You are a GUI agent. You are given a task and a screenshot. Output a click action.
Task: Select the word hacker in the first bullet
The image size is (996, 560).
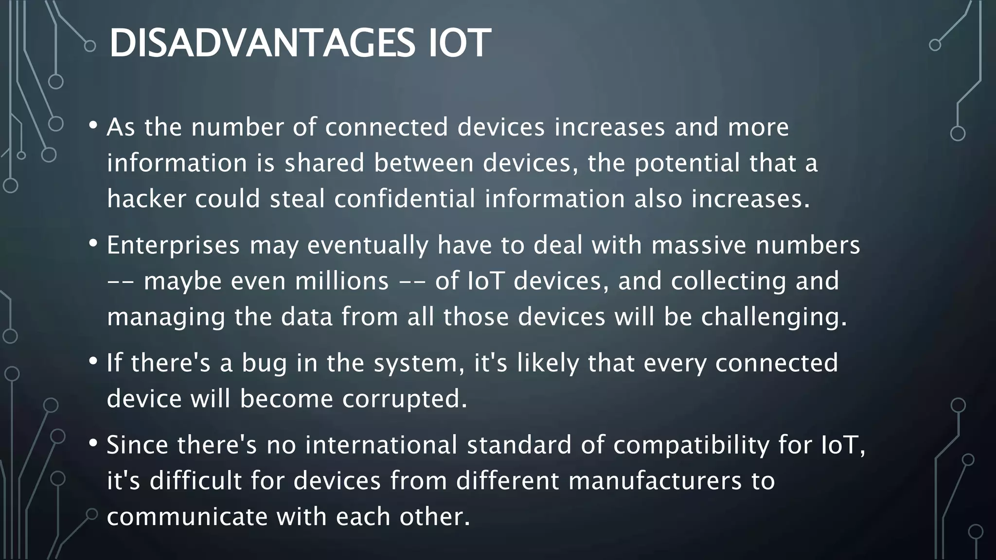[146, 199]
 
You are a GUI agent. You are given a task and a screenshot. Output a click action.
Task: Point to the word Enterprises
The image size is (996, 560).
[173, 245]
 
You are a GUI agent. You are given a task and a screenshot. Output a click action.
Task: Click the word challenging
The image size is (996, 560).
[774, 317]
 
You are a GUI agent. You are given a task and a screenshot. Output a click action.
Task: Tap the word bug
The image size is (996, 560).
[265, 363]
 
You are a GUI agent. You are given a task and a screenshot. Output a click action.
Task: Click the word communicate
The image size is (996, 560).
[187, 516]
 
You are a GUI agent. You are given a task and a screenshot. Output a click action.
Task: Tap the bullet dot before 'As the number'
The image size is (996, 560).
[93, 125]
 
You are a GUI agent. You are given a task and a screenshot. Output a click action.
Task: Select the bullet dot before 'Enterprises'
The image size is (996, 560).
[93, 243]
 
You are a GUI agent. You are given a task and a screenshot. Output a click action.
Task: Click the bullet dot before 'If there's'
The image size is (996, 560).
[93, 361]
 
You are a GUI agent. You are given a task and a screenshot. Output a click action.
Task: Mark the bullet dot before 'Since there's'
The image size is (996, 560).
[93, 443]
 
